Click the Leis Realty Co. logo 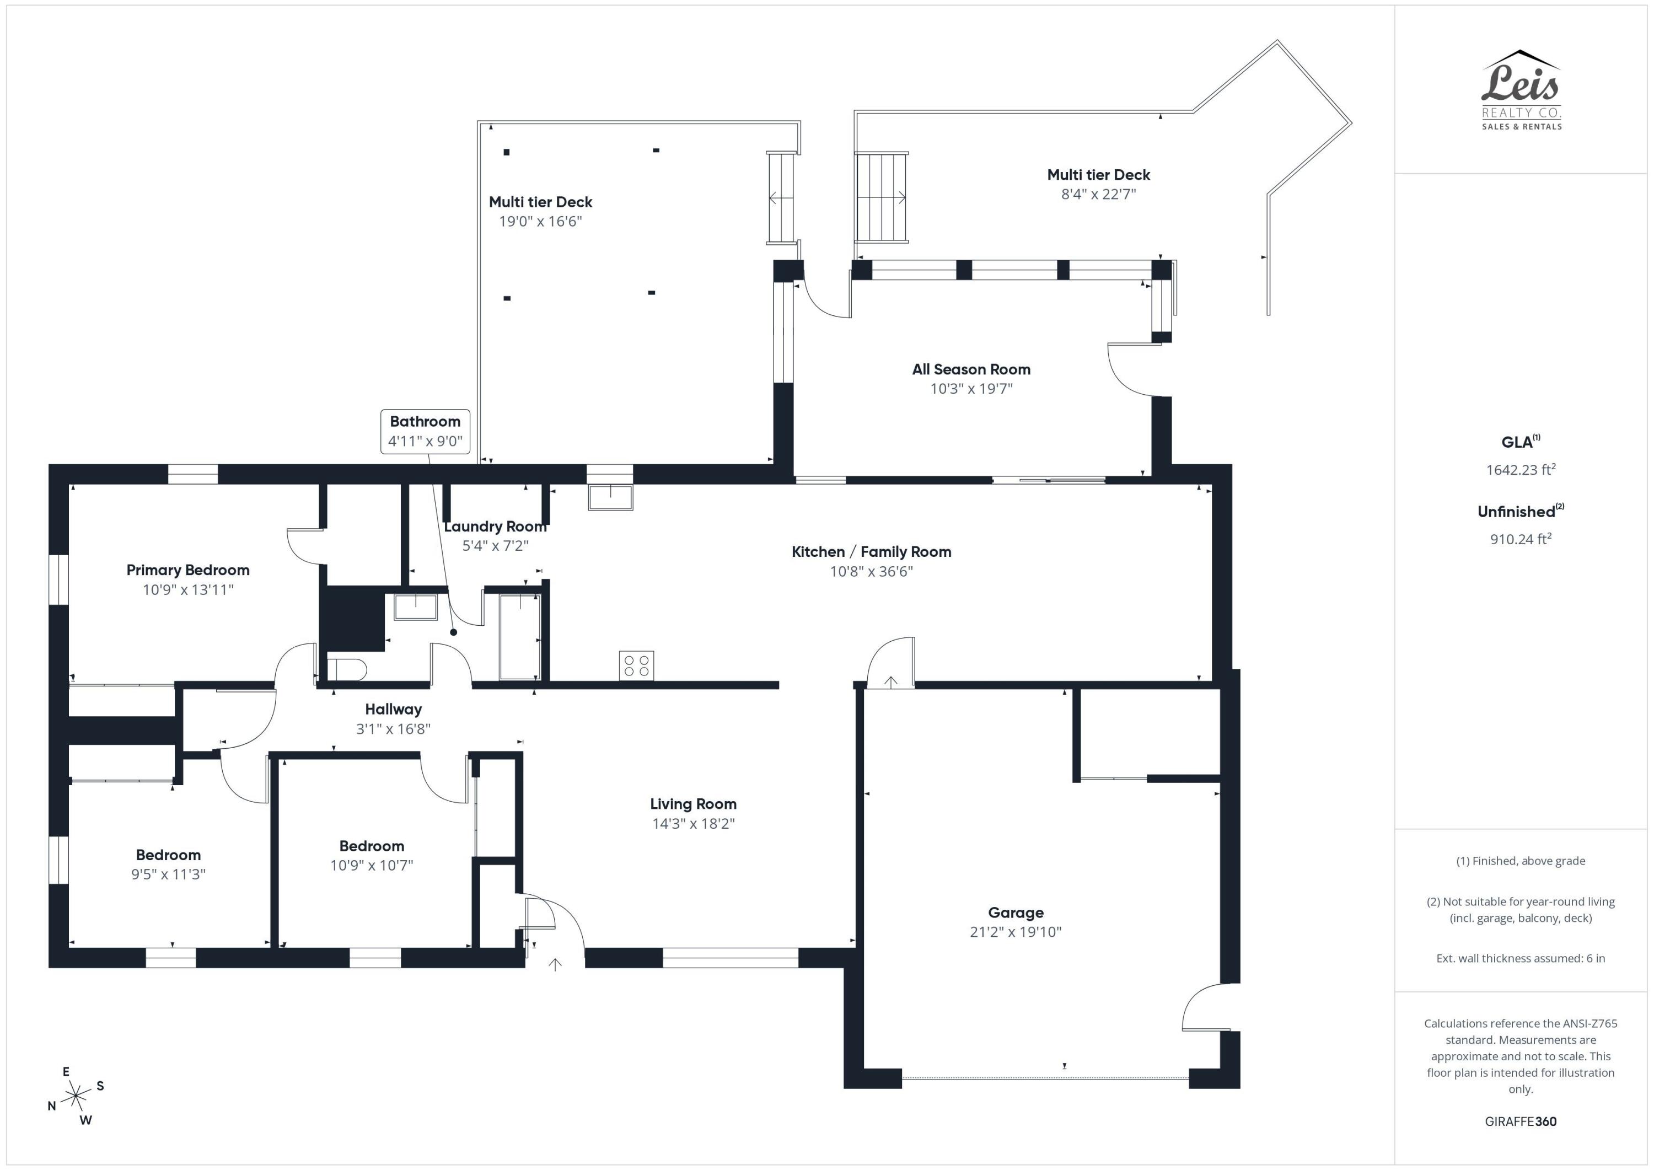(1521, 90)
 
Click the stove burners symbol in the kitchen (636, 665)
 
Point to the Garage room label (1016, 913)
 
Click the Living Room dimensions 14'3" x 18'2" (693, 824)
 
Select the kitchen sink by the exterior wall (610, 497)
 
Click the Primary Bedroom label (188, 570)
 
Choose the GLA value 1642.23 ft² (1521, 470)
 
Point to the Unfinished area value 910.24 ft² (1521, 539)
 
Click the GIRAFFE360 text (1521, 1121)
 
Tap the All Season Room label (971, 369)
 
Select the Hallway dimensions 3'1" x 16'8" (393, 728)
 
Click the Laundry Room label (496, 527)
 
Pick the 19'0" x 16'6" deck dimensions (540, 221)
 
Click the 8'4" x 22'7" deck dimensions (1099, 194)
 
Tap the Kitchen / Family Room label (871, 552)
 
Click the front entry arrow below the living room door (555, 964)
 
